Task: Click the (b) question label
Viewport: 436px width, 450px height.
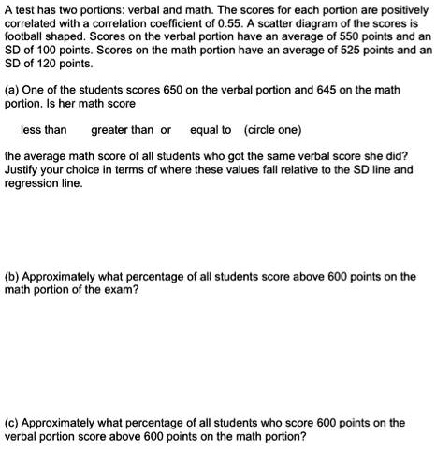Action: click(14, 276)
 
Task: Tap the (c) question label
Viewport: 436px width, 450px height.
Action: click(14, 423)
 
